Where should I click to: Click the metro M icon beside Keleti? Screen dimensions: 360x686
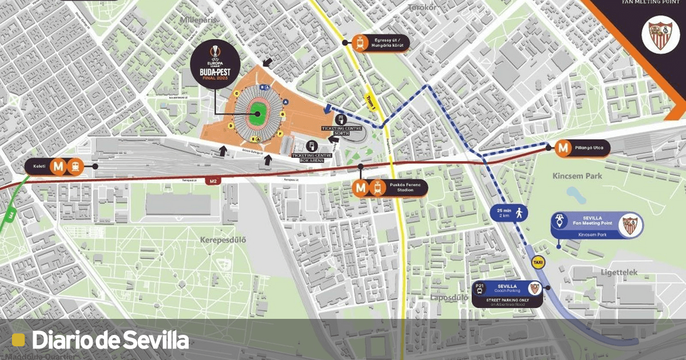[58, 166]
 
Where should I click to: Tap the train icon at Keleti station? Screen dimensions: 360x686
[75, 166]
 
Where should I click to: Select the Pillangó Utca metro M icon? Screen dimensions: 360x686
[564, 148]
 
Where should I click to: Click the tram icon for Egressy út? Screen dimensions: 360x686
[360, 42]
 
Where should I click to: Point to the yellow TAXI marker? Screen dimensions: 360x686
[538, 263]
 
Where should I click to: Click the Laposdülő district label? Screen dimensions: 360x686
[447, 298]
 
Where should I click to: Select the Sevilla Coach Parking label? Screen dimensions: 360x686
[506, 289]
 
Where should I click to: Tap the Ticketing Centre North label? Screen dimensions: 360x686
[341, 129]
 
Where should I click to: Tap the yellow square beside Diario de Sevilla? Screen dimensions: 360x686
[19, 340]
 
